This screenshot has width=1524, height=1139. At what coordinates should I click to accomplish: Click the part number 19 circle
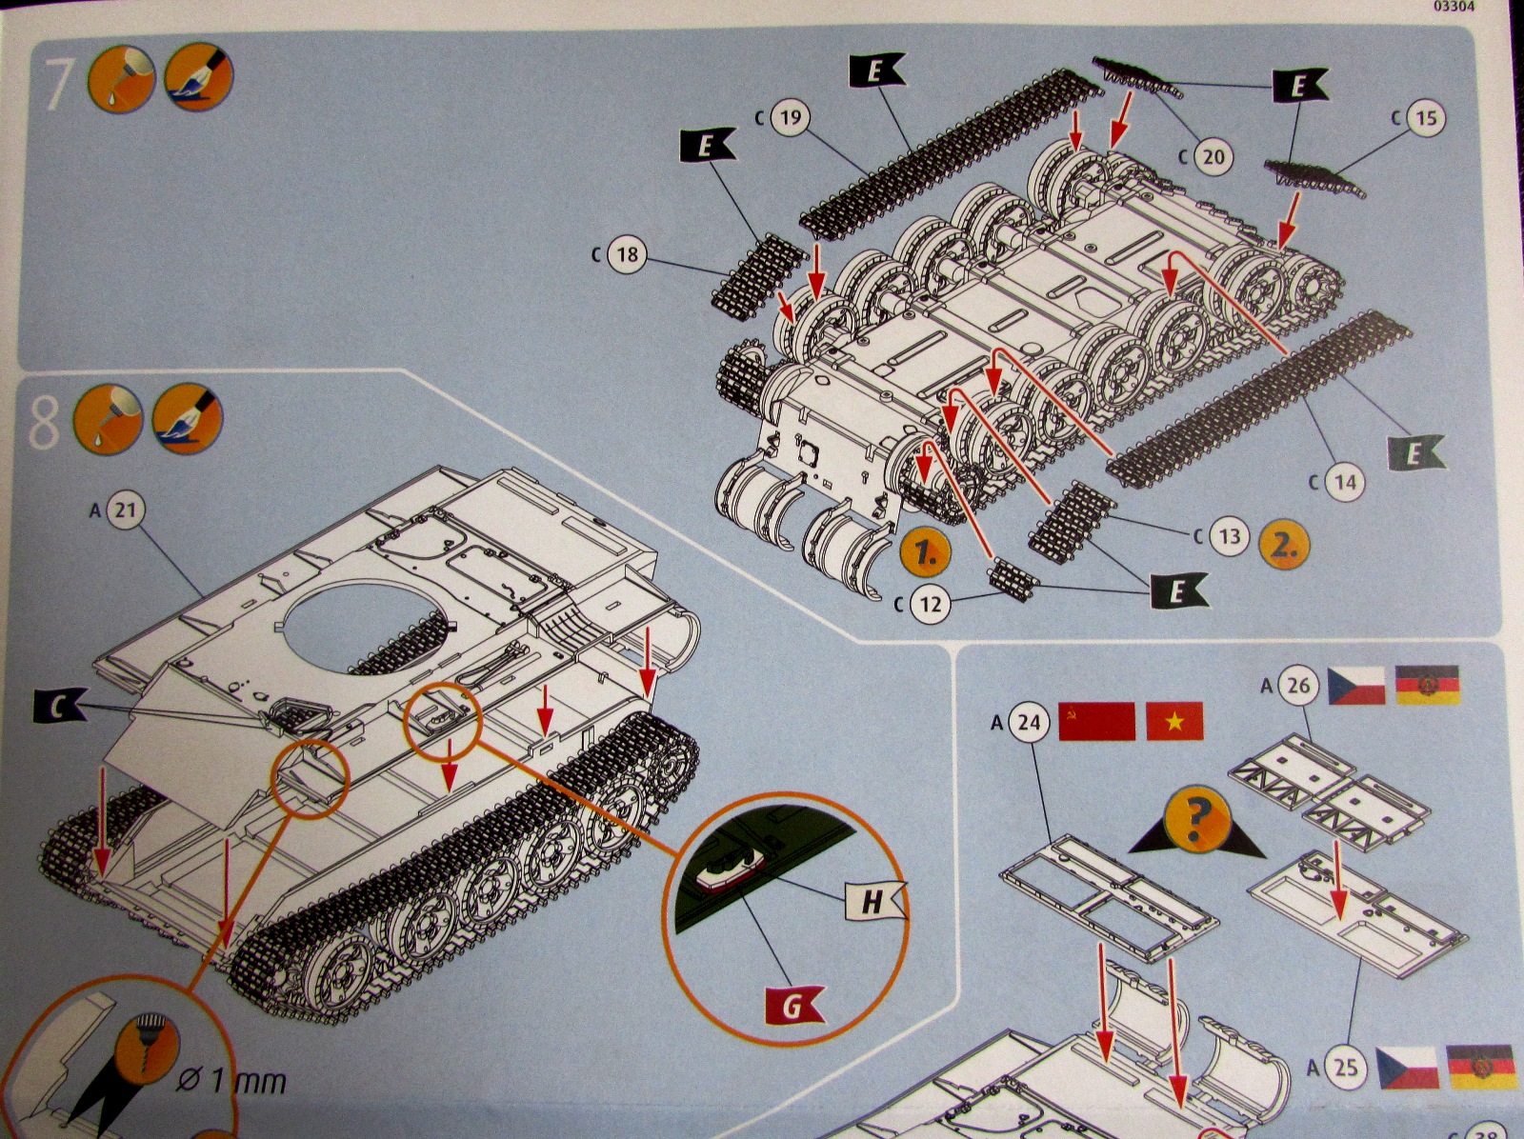pyautogui.click(x=790, y=118)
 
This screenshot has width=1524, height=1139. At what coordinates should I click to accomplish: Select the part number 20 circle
pyautogui.click(x=1212, y=156)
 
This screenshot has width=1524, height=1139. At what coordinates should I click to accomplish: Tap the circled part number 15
pyautogui.click(x=1425, y=118)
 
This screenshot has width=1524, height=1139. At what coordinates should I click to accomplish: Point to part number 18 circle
pyautogui.click(x=627, y=254)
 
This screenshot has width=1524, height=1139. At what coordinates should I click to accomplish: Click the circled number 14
pyautogui.click(x=1344, y=482)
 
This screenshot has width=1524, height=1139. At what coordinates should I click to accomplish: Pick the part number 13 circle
pyautogui.click(x=1230, y=536)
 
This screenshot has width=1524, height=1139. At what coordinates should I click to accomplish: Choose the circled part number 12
pyautogui.click(x=931, y=604)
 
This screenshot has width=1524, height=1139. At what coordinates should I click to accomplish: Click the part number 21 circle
pyautogui.click(x=125, y=510)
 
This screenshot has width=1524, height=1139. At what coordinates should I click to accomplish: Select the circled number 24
pyautogui.click(x=1029, y=723)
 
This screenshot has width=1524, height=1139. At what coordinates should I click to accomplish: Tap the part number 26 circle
pyautogui.click(x=1298, y=685)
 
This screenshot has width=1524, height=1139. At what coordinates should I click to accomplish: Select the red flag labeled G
pyautogui.click(x=793, y=1004)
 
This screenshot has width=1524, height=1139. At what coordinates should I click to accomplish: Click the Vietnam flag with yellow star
pyautogui.click(x=1174, y=721)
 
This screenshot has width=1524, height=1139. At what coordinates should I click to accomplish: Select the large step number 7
pyautogui.click(x=58, y=85)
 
